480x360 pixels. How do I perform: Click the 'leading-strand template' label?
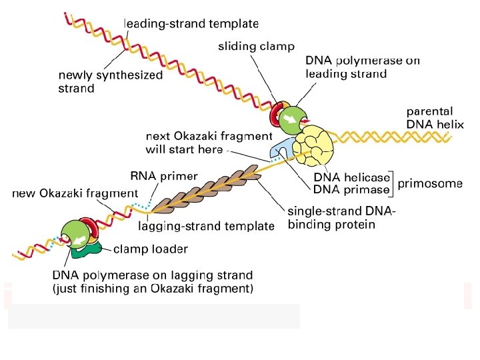point(191,23)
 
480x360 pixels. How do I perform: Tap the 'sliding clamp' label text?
point(257,46)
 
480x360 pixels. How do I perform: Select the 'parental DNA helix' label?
point(435,118)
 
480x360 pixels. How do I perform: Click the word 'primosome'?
point(430,184)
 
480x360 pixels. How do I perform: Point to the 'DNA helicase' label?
point(352,177)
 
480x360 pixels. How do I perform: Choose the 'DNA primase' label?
point(351,189)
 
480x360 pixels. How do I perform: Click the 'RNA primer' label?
point(164,176)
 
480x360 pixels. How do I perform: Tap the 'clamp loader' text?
point(151,249)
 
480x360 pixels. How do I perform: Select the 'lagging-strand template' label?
point(206,226)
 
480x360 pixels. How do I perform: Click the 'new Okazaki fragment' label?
point(75,193)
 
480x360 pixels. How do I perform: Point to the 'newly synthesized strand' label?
point(110,81)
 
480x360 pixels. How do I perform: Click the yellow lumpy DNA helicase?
point(313,146)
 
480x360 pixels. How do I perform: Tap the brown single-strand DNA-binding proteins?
point(207,189)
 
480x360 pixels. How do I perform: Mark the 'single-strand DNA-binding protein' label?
point(341,218)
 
